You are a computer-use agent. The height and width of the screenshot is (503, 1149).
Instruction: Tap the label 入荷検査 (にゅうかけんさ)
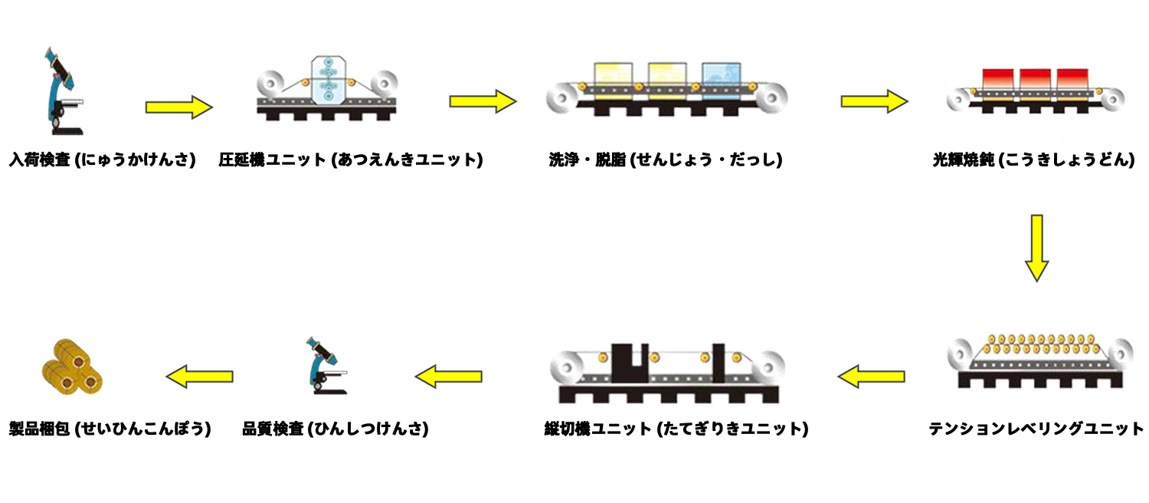[102, 160]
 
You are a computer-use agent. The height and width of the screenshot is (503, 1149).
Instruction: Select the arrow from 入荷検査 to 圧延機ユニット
[178, 107]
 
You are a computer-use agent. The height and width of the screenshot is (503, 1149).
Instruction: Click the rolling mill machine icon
[328, 88]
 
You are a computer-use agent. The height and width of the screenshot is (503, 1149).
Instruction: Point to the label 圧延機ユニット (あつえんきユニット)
[350, 160]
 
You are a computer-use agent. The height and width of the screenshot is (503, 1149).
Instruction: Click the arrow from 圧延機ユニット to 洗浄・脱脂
[483, 101]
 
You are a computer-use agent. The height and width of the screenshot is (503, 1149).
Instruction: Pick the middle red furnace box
[1034, 79]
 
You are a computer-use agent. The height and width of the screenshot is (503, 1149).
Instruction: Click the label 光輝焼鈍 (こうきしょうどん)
[1033, 160]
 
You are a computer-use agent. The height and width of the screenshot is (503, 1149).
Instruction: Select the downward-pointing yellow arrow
[1036, 248]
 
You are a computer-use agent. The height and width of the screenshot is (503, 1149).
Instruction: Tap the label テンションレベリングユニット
[1036, 429]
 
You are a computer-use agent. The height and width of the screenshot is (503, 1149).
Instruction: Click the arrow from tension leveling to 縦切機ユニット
[871, 376]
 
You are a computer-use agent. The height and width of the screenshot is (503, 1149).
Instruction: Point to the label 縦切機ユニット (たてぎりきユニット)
[674, 429]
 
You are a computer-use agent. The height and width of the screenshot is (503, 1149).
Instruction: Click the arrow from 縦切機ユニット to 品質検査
[449, 376]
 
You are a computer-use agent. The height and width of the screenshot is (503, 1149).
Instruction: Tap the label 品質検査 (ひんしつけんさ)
[335, 429]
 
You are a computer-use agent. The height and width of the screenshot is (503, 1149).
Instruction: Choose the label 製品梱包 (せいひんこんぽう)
[110, 429]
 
